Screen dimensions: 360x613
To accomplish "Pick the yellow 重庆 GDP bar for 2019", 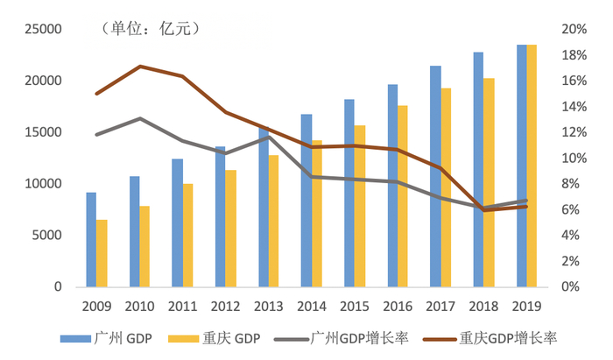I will coord(532,166).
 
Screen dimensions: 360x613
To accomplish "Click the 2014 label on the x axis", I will coord(312,307).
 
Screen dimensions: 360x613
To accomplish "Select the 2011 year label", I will coord(182,307).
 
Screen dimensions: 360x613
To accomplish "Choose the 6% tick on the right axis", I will coord(570,209).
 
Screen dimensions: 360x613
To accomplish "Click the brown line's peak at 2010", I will coord(140,67).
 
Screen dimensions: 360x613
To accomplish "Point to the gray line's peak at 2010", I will coord(140,118).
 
